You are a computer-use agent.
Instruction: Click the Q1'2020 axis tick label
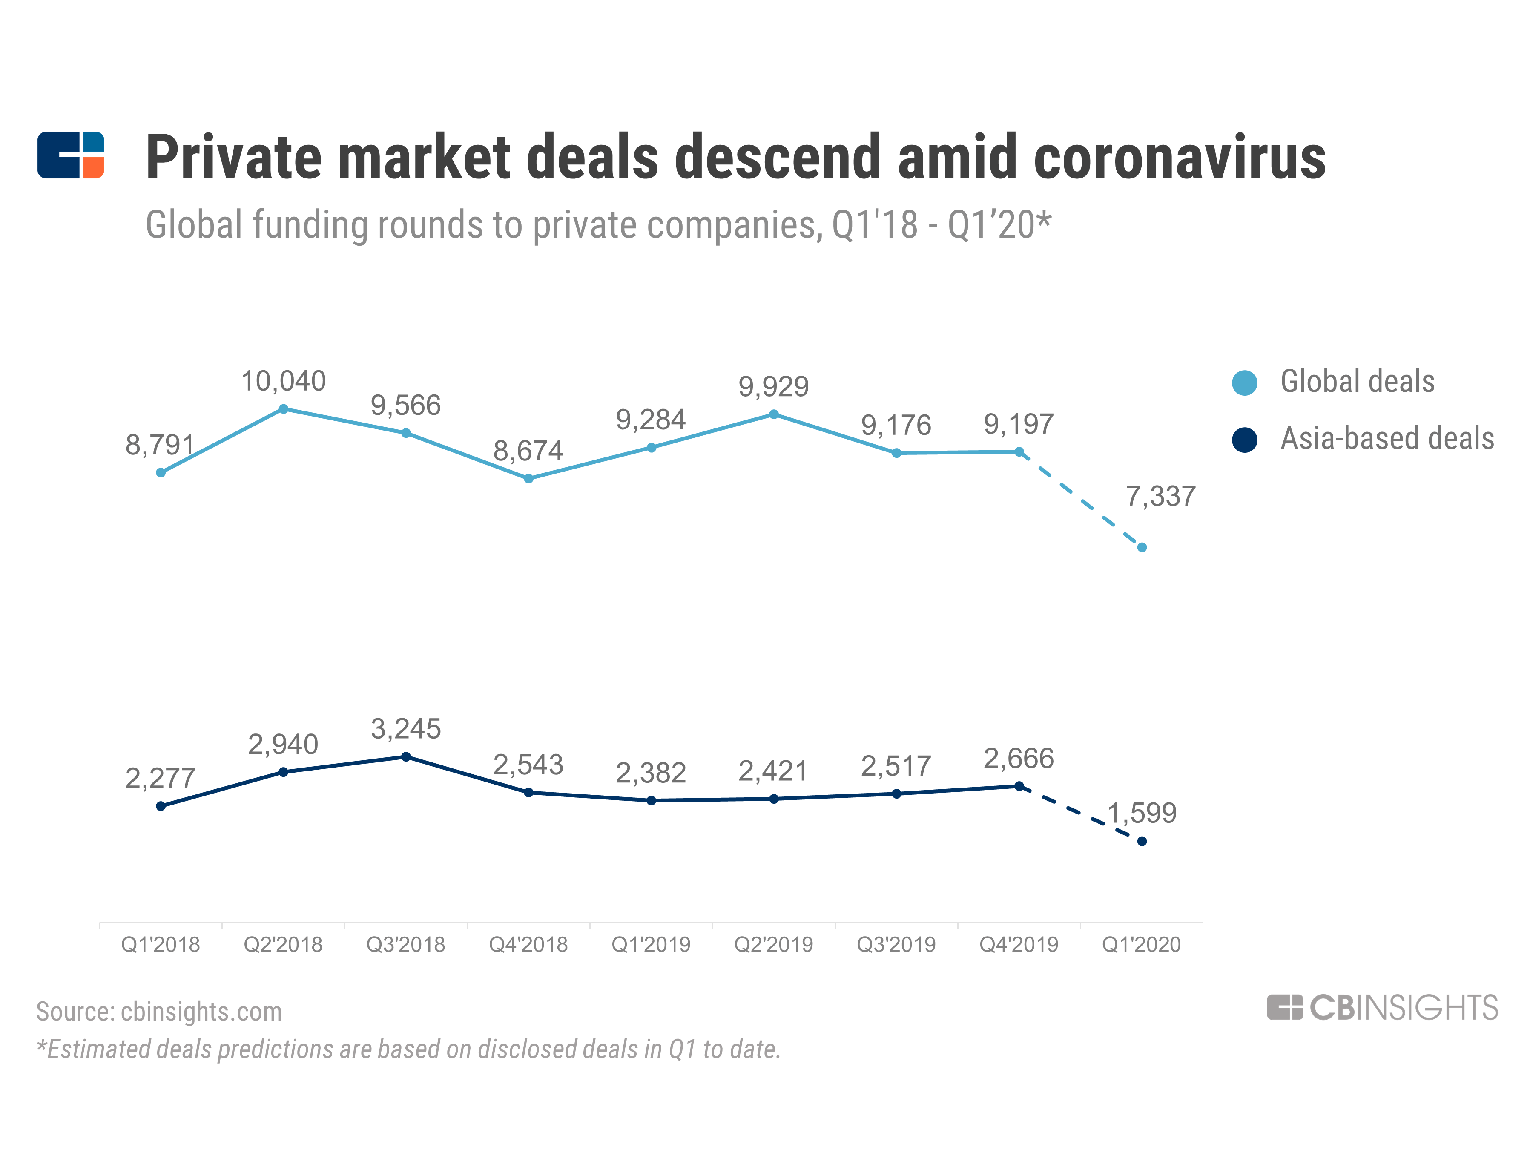point(1141,944)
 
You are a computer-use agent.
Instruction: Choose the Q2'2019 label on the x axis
point(773,944)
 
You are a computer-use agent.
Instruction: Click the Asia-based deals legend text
point(1387,439)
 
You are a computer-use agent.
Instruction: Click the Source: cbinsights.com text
point(159,1012)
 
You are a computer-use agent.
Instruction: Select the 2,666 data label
point(1018,758)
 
